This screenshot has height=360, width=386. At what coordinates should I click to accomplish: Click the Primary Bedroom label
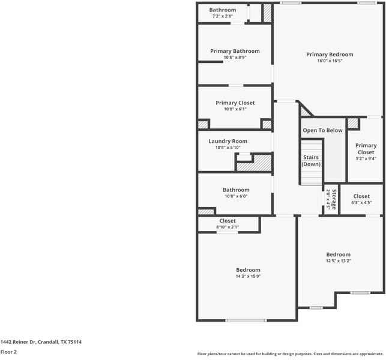330,55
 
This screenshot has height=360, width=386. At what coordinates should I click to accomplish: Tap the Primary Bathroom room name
235,52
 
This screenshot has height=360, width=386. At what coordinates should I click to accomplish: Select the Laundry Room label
228,142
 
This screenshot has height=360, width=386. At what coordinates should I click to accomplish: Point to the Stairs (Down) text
311,161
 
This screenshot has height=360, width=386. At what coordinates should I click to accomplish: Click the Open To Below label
322,130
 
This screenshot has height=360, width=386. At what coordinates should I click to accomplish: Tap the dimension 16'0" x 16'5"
330,61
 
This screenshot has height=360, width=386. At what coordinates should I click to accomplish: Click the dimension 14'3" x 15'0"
248,277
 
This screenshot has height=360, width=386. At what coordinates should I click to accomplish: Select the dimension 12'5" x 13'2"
338,261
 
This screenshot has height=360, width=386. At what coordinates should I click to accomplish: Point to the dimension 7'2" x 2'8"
222,16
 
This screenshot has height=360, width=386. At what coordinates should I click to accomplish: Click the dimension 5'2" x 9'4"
366,159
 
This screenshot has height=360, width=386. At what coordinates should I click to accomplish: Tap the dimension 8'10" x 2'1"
228,227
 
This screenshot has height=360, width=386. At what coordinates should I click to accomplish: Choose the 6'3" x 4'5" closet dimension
361,203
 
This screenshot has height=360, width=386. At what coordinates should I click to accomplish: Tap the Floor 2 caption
8,352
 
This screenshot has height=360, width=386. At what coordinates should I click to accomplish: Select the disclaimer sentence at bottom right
290,354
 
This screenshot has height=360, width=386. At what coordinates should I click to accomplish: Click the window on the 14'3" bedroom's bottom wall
246,320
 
